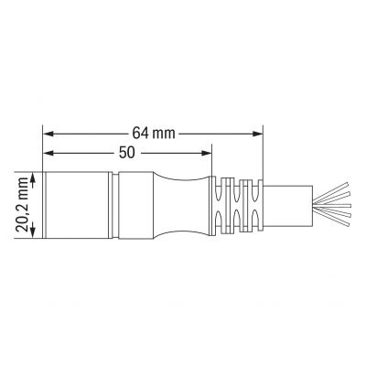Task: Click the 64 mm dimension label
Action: pos(154,134)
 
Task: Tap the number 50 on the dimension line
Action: pos(127,153)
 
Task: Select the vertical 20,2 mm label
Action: pos(22,205)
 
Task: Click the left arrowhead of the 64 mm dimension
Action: pos(48,134)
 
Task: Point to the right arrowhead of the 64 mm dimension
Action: pos(257,134)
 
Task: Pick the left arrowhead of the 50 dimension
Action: pos(48,153)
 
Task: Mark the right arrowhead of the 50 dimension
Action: pos(206,153)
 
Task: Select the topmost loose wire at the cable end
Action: pos(330,191)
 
